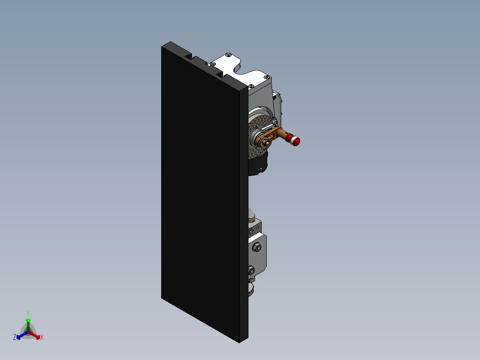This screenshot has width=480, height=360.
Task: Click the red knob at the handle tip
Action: pyautogui.click(x=296, y=141)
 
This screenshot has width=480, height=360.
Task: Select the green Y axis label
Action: pyautogui.click(x=28, y=313)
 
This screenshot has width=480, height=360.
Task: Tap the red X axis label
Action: pyautogui.click(x=42, y=338)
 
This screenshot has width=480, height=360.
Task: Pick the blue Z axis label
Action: pyautogui.click(x=15, y=337)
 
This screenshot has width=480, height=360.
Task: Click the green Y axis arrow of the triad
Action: pyautogui.click(x=28, y=323)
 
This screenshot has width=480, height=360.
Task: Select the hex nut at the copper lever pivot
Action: pyautogui.click(x=266, y=142)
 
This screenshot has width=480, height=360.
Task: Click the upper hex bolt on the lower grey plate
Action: pyautogui.click(x=256, y=247)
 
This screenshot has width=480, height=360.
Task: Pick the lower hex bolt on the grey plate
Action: pyautogui.click(x=251, y=270)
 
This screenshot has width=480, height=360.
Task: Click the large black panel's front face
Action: pyautogui.click(x=200, y=192)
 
